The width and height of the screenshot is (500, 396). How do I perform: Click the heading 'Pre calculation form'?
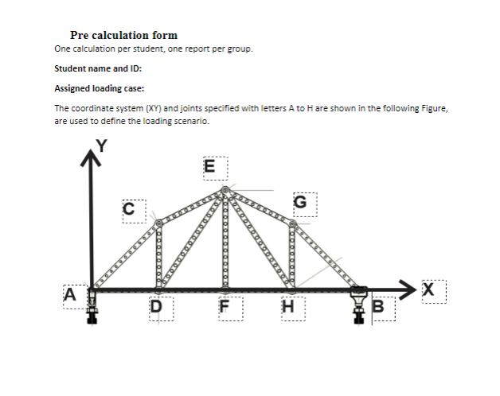pos(123,35)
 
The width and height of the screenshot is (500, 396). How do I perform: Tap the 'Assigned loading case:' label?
pos(93,88)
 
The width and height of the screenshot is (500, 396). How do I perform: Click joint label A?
pos(70,293)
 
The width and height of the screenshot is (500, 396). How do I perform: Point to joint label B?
pos(378,305)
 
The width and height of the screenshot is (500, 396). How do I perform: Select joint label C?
pos(128,208)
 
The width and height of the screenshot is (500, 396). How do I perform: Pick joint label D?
pos(156,305)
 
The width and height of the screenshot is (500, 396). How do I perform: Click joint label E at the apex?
pos(209,166)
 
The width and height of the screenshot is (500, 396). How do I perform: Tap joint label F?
pos(224,305)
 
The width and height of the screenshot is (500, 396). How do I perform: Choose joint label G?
pos(299,201)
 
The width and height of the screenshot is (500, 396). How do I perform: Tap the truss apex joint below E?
pos(225,190)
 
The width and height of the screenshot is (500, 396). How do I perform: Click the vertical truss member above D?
pos(159,256)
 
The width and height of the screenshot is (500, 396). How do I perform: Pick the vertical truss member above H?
pos(292,256)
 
